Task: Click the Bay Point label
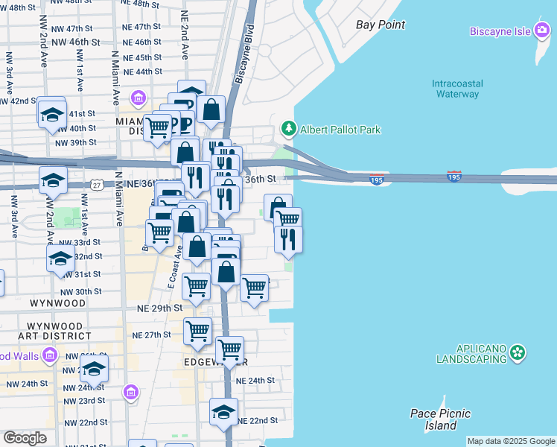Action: [x=381, y=25]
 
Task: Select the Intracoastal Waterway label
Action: [x=456, y=89]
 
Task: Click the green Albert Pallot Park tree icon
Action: [x=288, y=130]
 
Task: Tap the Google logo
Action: [x=25, y=437]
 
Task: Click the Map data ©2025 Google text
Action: [x=511, y=441]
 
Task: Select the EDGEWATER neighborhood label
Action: [x=215, y=361]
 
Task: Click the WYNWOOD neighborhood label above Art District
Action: [x=59, y=304]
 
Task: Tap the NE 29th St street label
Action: [x=159, y=308]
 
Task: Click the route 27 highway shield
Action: [x=98, y=184]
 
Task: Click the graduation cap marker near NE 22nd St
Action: [x=223, y=412]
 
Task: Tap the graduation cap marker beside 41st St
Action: [x=51, y=115]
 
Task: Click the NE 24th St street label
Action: [x=255, y=380]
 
